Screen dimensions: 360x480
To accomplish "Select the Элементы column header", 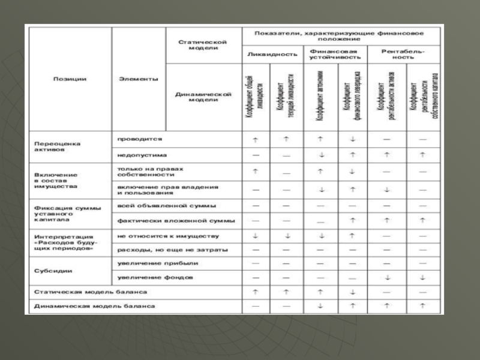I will [x=139, y=79].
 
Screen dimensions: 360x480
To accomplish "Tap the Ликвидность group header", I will [x=272, y=54].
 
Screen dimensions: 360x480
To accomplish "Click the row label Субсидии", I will [x=54, y=271].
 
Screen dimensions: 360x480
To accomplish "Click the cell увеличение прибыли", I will [x=158, y=263].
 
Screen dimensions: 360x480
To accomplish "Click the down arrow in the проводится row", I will [x=353, y=139].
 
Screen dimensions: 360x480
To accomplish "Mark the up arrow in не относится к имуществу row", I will [x=353, y=236].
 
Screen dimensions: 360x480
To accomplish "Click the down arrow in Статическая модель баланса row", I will [x=353, y=292].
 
